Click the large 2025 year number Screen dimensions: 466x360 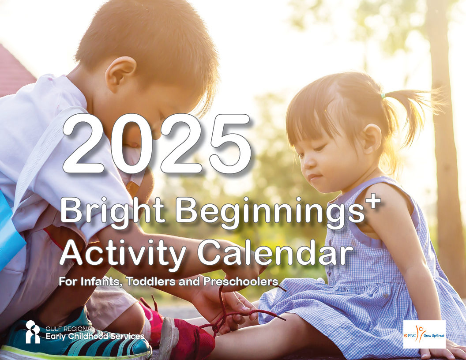pos(157,143)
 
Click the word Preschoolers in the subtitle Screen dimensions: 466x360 pos(241,281)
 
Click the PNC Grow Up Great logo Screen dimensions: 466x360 pos(425,334)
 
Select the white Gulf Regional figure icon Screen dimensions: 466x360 pos(32,332)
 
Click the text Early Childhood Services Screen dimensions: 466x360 pos(95,336)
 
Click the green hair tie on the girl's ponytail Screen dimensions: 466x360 pos(383,96)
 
